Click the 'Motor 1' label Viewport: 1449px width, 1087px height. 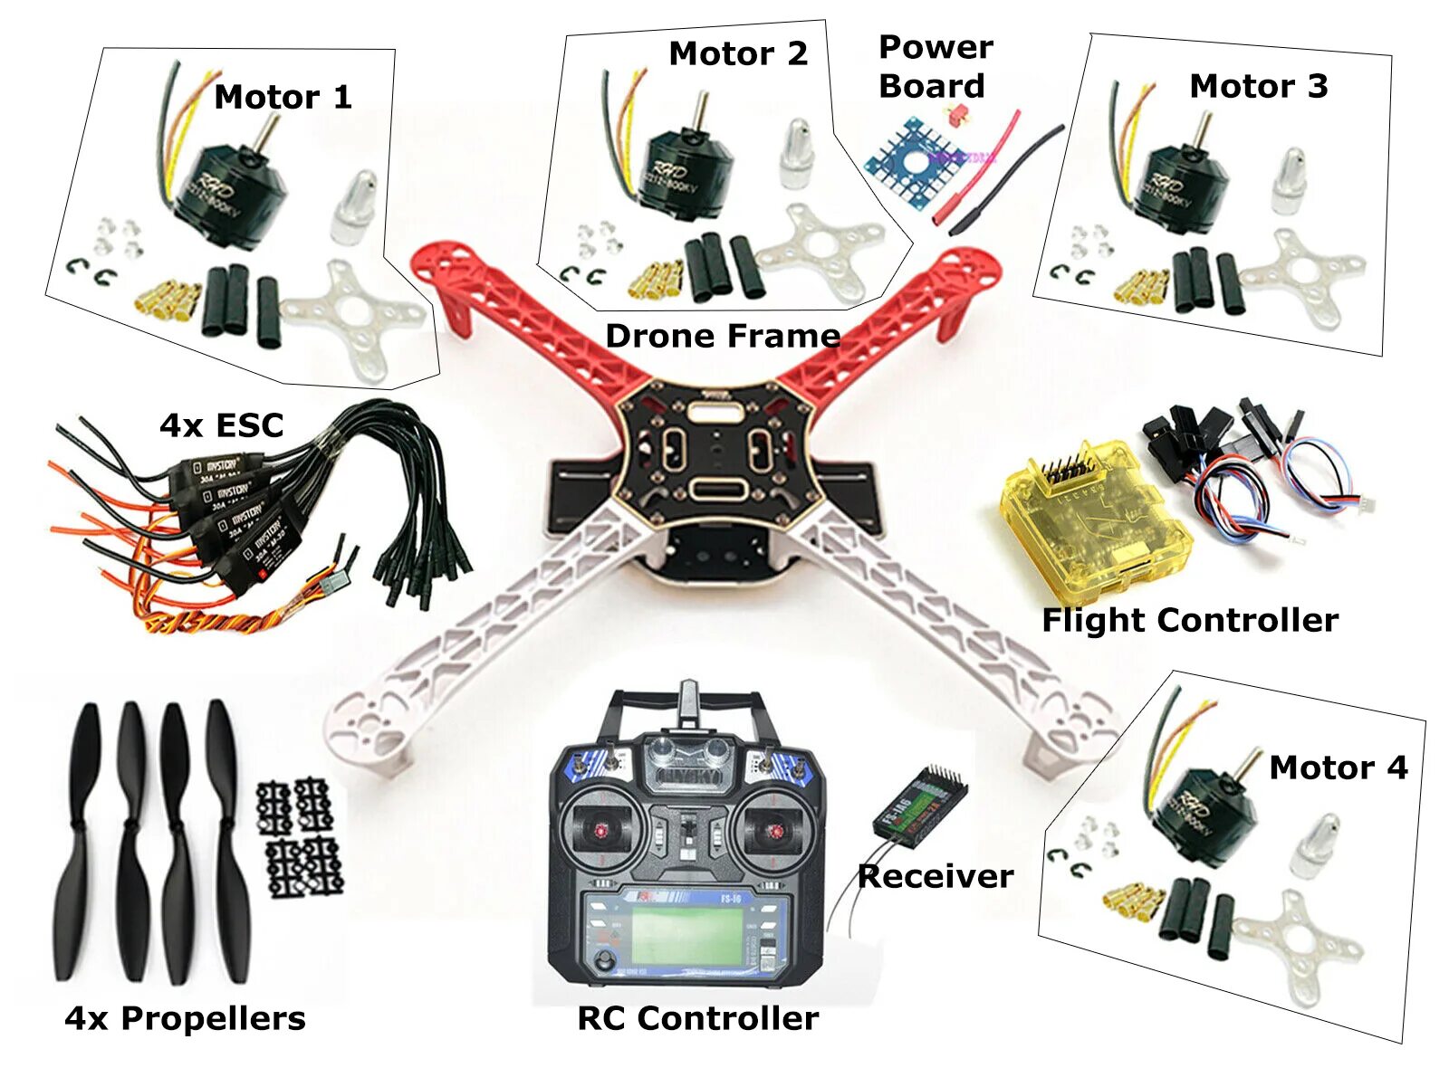[x=283, y=97]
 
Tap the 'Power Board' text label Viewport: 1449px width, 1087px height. [x=935, y=66]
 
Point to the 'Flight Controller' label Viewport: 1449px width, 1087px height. [x=1189, y=620]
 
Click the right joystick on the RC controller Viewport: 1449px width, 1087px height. [x=773, y=828]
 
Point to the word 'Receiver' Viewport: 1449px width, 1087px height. [x=935, y=876]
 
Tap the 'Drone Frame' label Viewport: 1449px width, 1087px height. [x=722, y=336]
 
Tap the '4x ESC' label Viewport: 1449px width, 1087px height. [x=221, y=425]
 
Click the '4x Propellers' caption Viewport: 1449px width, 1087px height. [x=185, y=1018]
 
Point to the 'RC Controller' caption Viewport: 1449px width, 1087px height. [x=697, y=1018]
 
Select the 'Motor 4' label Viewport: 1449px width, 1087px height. [x=1338, y=768]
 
